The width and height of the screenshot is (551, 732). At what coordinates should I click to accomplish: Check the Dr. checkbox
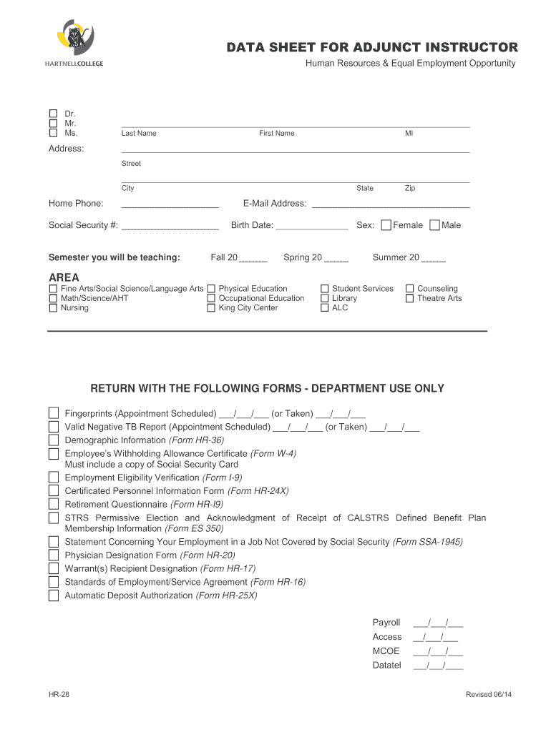pyautogui.click(x=53, y=114)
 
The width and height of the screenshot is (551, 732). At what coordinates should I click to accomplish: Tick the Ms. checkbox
pyautogui.click(x=53, y=132)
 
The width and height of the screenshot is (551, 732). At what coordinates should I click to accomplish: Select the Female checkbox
pyautogui.click(x=386, y=225)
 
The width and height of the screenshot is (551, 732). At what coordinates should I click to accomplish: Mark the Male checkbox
pyautogui.click(x=435, y=225)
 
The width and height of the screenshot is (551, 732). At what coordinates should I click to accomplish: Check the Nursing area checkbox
pyautogui.click(x=53, y=308)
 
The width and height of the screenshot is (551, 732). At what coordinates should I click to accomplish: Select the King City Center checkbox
pyautogui.click(x=211, y=308)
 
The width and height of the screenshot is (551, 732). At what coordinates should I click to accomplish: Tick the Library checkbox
pyautogui.click(x=325, y=298)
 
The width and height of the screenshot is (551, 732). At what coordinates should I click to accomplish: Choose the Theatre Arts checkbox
pyautogui.click(x=410, y=298)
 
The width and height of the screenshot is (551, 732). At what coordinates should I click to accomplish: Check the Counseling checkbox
pyautogui.click(x=410, y=289)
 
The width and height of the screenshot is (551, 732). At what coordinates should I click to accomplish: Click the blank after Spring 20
pyautogui.click(x=336, y=259)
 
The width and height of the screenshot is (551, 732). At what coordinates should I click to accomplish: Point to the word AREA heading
pyautogui.click(x=64, y=277)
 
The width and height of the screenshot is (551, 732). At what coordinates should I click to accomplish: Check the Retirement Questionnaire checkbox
pyautogui.click(x=54, y=505)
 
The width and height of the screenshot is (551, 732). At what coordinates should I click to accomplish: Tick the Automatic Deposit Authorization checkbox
pyautogui.click(x=54, y=595)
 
